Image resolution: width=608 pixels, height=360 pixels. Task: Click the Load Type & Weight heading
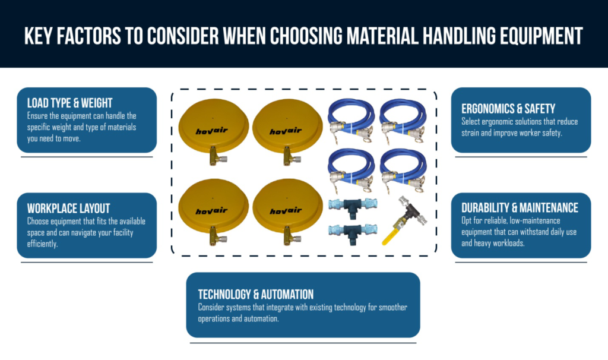tap(69, 103)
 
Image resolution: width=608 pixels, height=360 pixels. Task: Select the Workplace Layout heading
tap(68, 209)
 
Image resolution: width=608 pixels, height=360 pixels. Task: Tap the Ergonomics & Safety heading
tap(508, 109)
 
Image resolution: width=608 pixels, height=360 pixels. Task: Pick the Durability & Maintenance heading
tap(520, 208)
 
